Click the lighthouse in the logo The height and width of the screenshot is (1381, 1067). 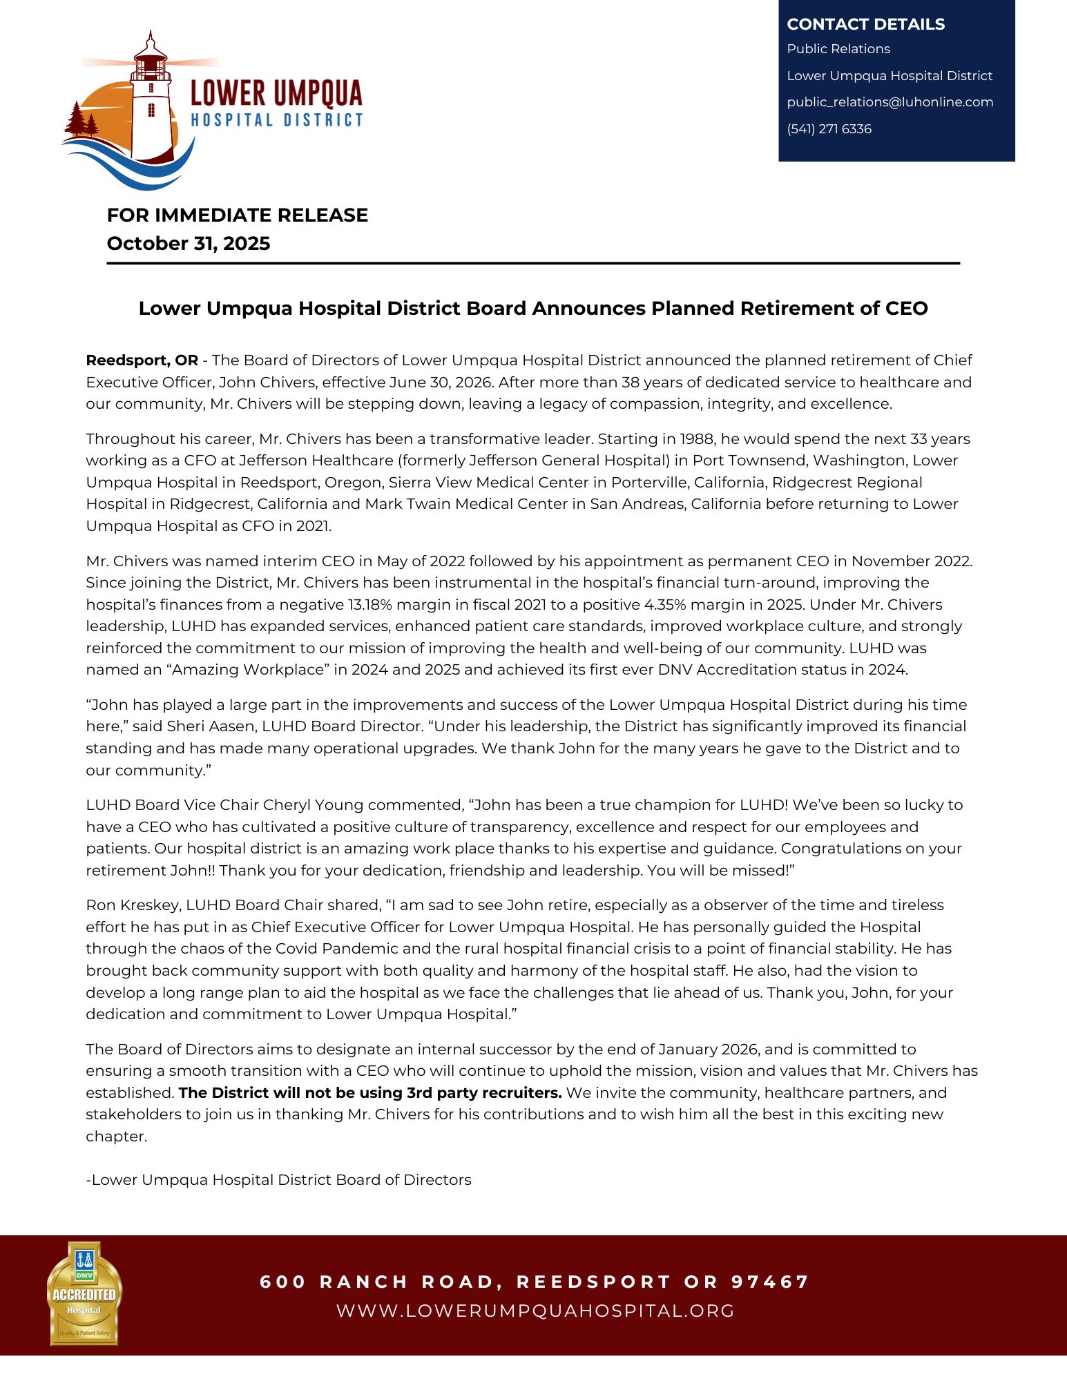(151, 104)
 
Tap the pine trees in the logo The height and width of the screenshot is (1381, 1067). (81, 121)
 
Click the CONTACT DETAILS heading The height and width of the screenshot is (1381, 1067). (865, 24)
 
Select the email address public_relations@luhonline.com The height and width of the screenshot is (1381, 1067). (890, 102)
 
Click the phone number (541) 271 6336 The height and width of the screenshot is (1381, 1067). (829, 129)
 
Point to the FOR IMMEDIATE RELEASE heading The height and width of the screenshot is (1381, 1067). (237, 215)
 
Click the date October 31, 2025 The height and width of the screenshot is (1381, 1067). (188, 244)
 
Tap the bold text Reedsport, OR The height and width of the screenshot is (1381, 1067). (142, 360)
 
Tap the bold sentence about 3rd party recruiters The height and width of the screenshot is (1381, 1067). (370, 1093)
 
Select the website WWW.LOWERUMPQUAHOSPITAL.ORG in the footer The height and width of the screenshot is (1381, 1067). (535, 1311)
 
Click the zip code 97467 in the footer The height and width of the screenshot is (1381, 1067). (769, 1282)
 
